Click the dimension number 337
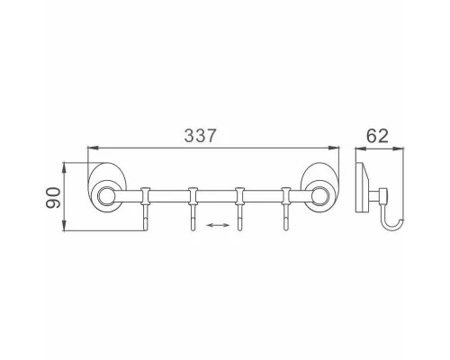(200, 136)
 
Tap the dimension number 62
(377, 136)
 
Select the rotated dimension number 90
(53, 198)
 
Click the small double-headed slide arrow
(219, 225)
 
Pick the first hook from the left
(145, 209)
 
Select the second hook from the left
(193, 209)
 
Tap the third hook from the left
(239, 209)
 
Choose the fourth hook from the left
(286, 209)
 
